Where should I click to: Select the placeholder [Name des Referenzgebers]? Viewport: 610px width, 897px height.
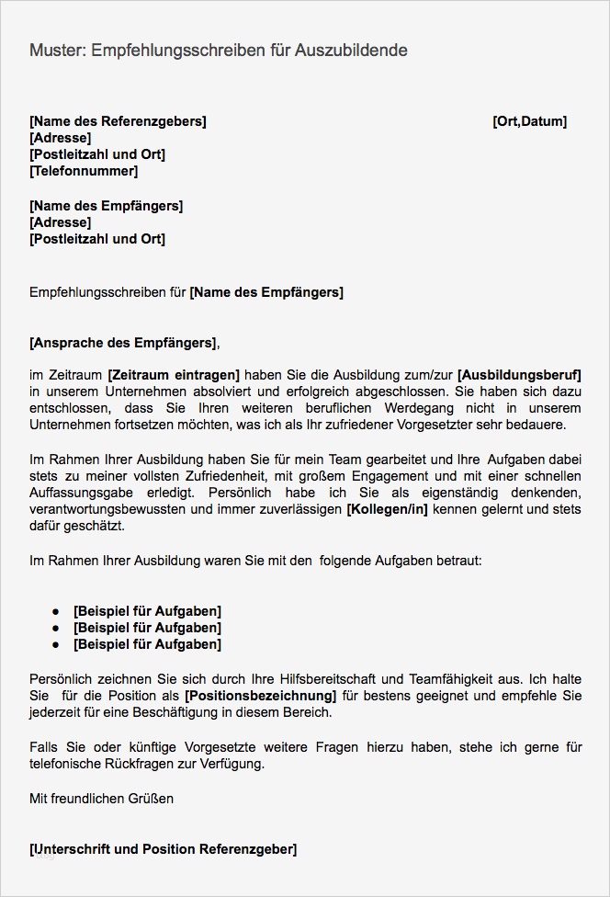pos(118,121)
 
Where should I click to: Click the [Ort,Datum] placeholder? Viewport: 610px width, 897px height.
pos(529,121)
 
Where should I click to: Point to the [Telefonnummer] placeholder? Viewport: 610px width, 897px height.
pos(84,171)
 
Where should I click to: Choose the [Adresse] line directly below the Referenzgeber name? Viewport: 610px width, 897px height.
pos(60,138)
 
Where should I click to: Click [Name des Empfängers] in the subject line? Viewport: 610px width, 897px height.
pos(266,293)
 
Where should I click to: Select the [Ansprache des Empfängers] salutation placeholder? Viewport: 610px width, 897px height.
pos(123,343)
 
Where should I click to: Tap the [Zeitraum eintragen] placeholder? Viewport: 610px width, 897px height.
pos(174,375)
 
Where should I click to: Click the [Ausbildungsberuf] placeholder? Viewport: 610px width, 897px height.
pos(519,375)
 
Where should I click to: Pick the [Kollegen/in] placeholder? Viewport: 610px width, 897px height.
pos(387,509)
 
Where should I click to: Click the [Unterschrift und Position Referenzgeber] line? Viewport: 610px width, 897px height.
pos(163,849)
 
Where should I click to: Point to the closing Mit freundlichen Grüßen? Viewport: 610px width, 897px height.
pos(101,799)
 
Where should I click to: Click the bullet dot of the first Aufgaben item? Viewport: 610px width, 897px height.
pos(55,611)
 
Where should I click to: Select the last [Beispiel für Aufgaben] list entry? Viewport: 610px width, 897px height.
pos(147,644)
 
